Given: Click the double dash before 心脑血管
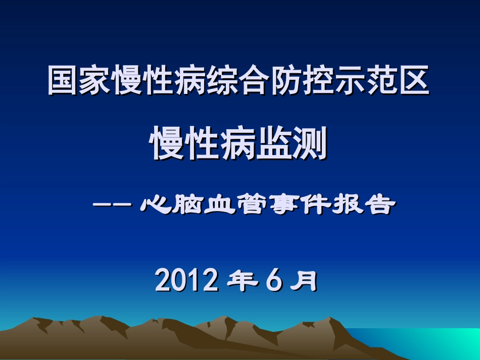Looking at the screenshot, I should click(x=113, y=205).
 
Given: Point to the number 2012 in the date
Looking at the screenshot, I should click(x=187, y=281).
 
